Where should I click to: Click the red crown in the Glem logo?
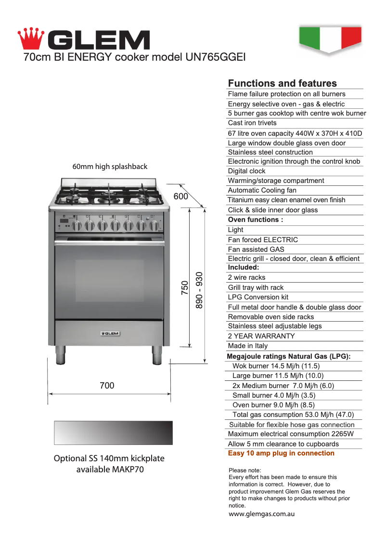click(31, 38)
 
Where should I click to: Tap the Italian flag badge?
click(330, 39)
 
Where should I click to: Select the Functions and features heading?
click(282, 83)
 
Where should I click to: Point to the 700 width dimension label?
click(107, 385)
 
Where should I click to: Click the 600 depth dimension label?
click(181, 196)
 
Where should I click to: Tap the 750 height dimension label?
click(185, 288)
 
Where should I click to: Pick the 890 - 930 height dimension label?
click(199, 290)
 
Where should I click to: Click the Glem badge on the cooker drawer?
click(110, 333)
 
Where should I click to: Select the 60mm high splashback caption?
click(110, 167)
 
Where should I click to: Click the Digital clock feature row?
click(246, 171)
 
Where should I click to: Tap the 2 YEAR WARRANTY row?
click(261, 336)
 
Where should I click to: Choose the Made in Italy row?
click(247, 346)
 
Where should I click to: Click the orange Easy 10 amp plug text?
click(281, 453)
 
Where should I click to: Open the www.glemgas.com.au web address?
click(261, 514)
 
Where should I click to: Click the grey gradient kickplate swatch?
click(113, 432)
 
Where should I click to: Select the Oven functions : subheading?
click(255, 220)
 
